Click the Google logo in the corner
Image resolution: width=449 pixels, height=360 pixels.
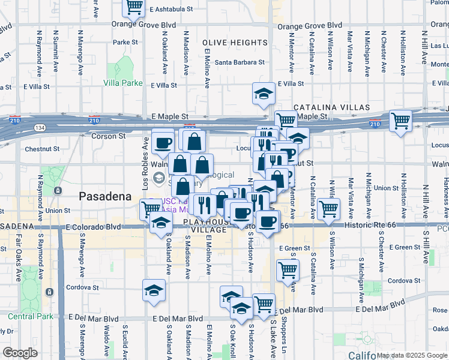coord(20,353)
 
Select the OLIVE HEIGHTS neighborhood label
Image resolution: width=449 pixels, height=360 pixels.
coord(235,43)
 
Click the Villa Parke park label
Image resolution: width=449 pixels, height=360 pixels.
coord(123,83)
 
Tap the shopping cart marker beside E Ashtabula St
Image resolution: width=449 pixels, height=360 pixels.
coord(134,7)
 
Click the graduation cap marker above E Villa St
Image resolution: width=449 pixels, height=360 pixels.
coord(263,94)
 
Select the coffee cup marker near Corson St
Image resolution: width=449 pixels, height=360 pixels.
coord(163,143)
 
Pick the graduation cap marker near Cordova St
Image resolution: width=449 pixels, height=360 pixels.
coord(154,291)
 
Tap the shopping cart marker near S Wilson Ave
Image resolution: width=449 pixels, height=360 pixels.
coord(328,209)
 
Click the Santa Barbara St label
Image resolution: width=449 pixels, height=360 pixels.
coord(240,62)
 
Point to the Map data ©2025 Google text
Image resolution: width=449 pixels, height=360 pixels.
coord(411,355)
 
